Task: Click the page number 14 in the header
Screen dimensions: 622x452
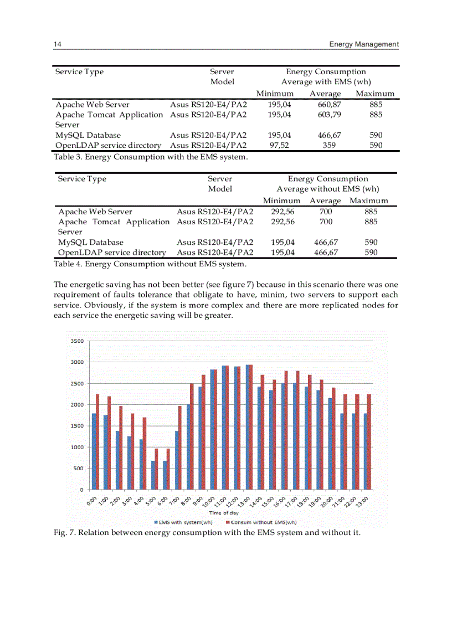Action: point(57,44)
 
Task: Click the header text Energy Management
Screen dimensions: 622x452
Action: point(363,44)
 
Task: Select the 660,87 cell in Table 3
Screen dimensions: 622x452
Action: point(325,105)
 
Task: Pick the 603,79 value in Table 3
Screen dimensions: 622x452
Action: point(325,115)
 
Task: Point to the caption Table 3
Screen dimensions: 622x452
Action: point(151,157)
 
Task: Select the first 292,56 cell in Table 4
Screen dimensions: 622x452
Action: point(282,212)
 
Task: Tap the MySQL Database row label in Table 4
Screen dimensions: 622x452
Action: point(91,242)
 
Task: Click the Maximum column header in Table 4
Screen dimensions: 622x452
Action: point(369,201)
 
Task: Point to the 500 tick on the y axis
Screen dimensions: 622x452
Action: point(78,469)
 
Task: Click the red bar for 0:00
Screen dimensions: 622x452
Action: point(97,442)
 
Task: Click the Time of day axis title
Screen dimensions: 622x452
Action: point(224,513)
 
